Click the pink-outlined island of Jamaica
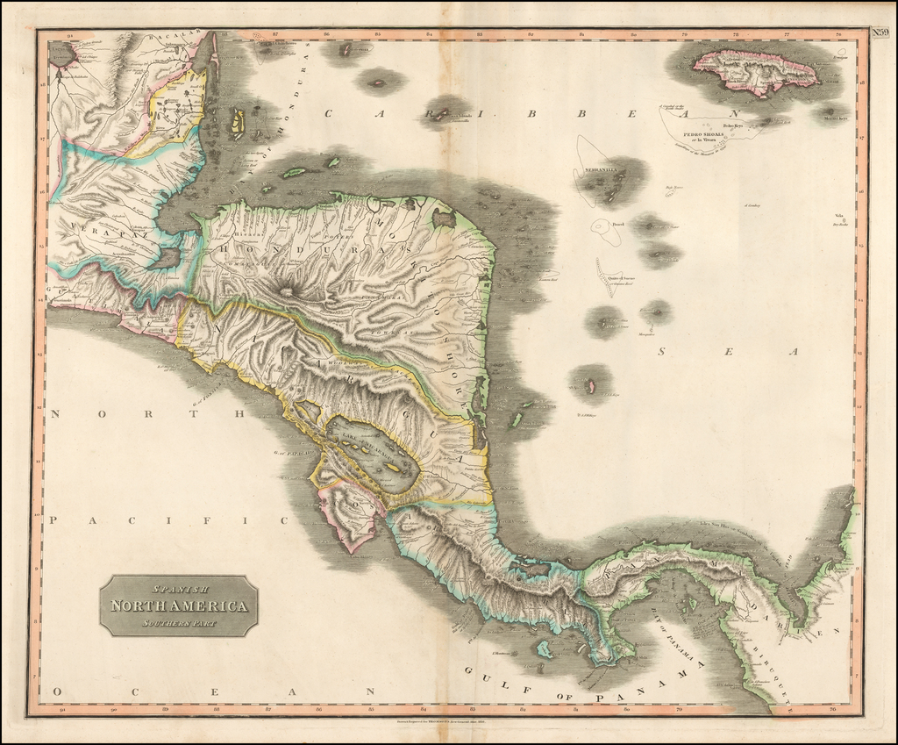coord(755,70)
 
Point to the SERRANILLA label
coord(595,169)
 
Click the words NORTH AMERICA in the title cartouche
coord(179,605)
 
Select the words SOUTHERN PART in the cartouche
coord(178,623)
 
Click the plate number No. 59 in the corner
coord(880,33)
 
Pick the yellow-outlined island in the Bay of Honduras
coord(236,123)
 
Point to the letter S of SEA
coord(664,352)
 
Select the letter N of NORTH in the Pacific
coord(54,413)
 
